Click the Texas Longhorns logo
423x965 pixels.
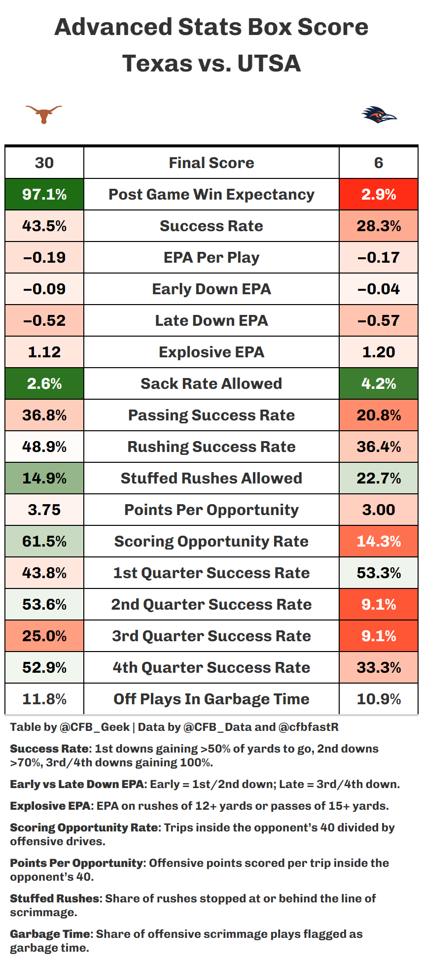pos(44,114)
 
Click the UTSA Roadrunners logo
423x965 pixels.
pos(379,115)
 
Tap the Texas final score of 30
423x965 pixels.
pos(44,163)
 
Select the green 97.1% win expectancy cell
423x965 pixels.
pos(44,194)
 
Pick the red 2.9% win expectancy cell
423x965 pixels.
pos(379,194)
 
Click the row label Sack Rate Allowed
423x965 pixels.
pos(211,383)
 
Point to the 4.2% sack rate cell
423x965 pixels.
pos(379,383)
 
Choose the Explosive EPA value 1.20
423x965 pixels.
pos(379,352)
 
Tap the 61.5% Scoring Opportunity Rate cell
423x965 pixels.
pos(44,541)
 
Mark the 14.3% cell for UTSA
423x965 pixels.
pos(379,541)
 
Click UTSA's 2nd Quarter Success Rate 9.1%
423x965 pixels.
pos(379,604)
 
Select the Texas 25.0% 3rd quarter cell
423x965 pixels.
pos(44,636)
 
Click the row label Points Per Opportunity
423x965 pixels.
pos(211,510)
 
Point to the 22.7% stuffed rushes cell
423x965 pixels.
pos(379,478)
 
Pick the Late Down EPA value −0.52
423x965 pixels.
pos(44,320)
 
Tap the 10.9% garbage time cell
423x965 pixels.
pos(379,699)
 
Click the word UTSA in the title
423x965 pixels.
pos(269,64)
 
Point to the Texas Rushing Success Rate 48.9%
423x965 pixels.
pos(44,447)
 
